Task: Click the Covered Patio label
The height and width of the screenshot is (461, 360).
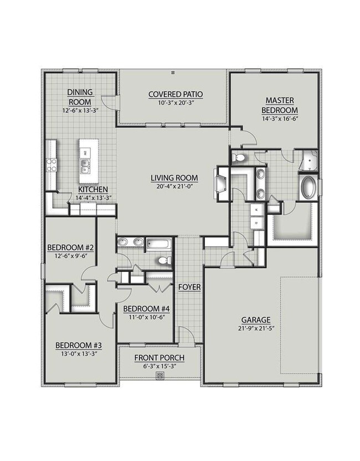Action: click(176, 95)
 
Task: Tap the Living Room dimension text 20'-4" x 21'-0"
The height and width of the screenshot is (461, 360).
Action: click(174, 186)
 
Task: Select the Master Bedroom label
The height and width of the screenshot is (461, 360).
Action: click(280, 105)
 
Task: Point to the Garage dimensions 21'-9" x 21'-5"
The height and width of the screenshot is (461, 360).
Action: click(256, 328)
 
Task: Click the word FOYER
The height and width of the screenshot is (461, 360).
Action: click(190, 287)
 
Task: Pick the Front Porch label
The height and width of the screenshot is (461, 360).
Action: click(160, 358)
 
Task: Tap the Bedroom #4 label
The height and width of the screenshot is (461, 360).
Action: click(146, 309)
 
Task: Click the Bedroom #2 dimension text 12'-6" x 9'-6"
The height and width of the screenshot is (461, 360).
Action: click(70, 256)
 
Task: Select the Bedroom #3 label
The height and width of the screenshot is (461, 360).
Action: click(79, 345)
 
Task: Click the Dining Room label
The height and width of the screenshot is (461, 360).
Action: click(80, 97)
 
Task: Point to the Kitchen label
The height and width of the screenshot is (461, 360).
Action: click(93, 189)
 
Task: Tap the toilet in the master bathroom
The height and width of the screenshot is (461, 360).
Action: click(239, 158)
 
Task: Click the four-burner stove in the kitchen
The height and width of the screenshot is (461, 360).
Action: click(51, 165)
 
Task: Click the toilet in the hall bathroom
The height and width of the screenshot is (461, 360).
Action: click(164, 260)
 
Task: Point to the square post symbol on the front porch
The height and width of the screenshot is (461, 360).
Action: click(160, 376)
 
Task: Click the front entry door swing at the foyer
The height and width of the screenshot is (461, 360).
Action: click(187, 335)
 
